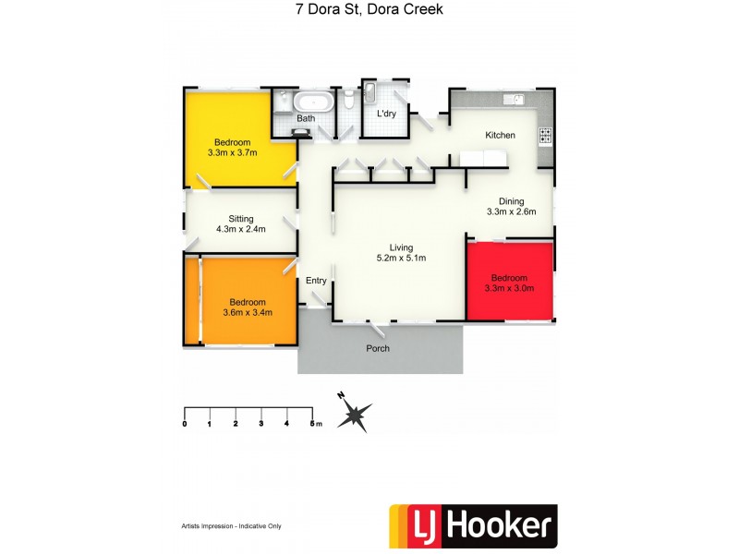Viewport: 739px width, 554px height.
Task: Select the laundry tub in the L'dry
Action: pyautogui.click(x=370, y=93)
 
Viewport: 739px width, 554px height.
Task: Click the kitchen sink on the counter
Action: pyautogui.click(x=513, y=98)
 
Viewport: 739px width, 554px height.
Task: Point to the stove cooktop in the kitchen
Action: pyautogui.click(x=545, y=135)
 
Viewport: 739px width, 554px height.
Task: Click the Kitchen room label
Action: pyautogui.click(x=500, y=136)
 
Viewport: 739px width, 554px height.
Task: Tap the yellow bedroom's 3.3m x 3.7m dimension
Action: pyautogui.click(x=233, y=153)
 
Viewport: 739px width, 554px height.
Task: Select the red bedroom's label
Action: pyautogui.click(x=509, y=278)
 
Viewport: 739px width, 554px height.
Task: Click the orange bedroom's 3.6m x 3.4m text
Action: pyautogui.click(x=247, y=313)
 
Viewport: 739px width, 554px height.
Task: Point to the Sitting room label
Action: pyautogui.click(x=242, y=219)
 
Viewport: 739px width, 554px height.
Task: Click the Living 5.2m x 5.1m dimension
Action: pyautogui.click(x=401, y=259)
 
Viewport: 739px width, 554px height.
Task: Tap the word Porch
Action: pyautogui.click(x=378, y=348)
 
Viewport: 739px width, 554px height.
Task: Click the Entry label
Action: pyautogui.click(x=316, y=281)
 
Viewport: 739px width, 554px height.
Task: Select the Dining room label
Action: pyautogui.click(x=511, y=201)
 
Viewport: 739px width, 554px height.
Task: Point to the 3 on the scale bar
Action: pyautogui.click(x=262, y=424)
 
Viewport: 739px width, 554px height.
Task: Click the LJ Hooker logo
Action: pyautogui.click(x=473, y=526)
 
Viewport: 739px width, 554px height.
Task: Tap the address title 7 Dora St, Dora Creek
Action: pyautogui.click(x=369, y=11)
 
